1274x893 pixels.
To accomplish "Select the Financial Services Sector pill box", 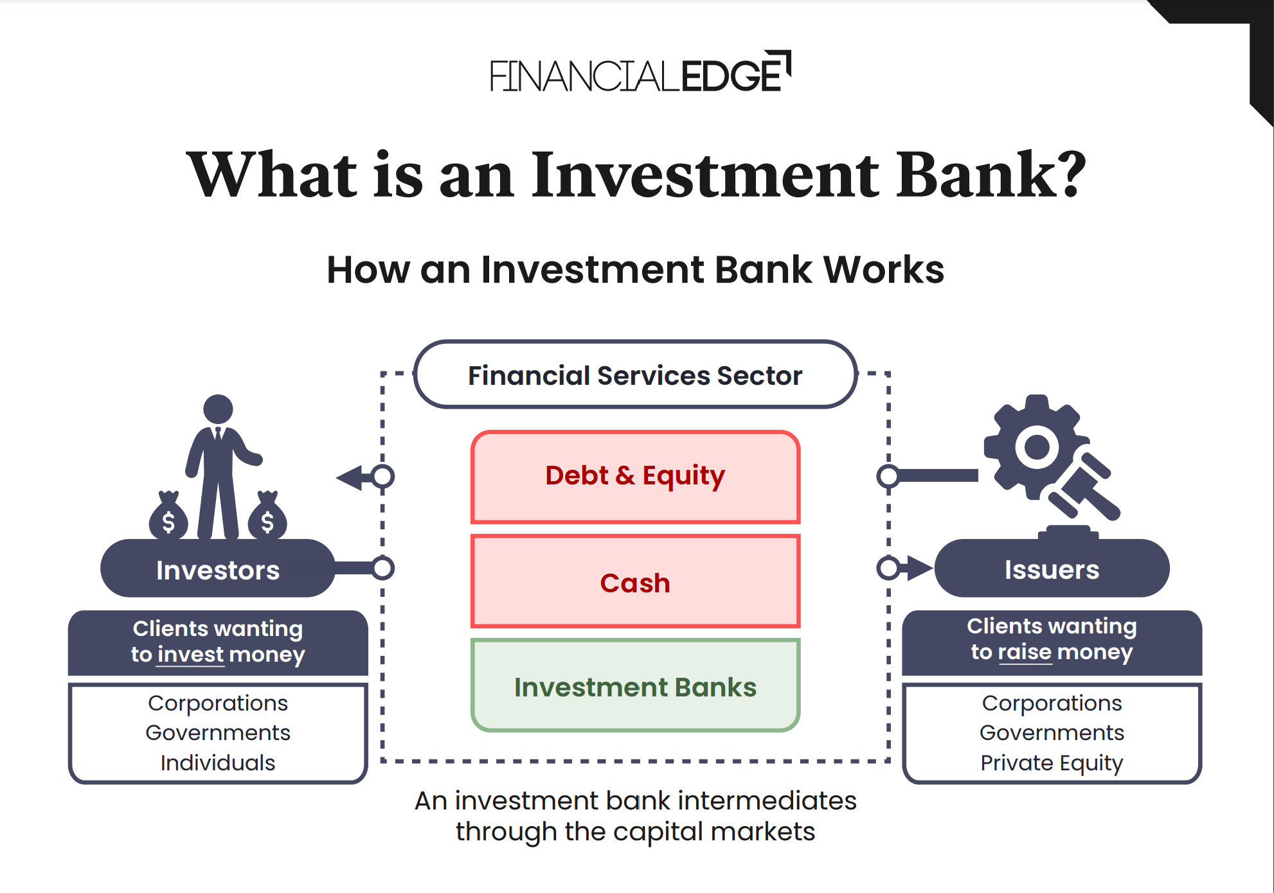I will point(635,375).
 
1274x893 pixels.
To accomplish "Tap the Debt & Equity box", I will point(635,477).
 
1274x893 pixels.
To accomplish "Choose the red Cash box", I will point(635,582).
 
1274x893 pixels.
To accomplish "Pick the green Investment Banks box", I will point(635,686).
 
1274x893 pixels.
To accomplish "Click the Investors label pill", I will point(217,570).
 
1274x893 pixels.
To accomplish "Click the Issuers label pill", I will point(1052,569).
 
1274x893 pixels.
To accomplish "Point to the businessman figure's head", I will point(218,409).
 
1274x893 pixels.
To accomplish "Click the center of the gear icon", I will point(1036,447).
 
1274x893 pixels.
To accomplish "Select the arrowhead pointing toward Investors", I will point(350,477).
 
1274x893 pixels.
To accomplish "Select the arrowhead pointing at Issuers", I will point(919,568).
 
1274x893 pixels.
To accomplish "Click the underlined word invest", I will point(191,655).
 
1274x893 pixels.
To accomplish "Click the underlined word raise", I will point(1025,652).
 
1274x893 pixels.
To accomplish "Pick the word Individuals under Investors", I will point(217,763).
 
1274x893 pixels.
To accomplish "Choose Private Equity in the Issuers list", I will point(1052,763).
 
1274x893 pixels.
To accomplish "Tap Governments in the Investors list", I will point(217,732).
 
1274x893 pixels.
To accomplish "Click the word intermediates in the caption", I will point(767,801).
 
